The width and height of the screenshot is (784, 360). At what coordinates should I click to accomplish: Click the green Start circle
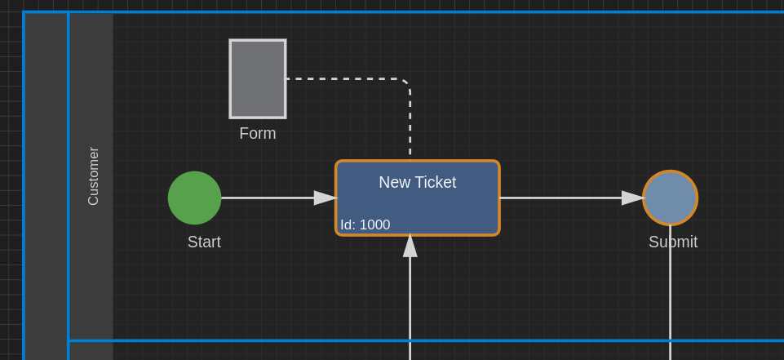pos(194,198)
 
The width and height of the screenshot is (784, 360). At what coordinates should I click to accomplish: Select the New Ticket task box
pos(418,198)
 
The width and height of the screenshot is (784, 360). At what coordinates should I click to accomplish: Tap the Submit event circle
pos(670,198)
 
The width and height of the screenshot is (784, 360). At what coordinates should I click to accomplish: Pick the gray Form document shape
pos(258,79)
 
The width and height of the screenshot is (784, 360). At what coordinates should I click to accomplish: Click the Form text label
pos(258,134)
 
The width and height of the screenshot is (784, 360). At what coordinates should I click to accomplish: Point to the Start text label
pos(204,242)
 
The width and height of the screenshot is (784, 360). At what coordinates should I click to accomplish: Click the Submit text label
pos(673,242)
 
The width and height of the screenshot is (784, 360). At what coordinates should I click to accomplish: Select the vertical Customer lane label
pos(94,176)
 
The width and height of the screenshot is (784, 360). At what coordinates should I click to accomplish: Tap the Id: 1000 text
pos(365,225)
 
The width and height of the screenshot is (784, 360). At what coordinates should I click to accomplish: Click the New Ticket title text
pos(418,183)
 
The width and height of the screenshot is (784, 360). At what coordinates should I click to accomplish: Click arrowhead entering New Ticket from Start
pos(326,198)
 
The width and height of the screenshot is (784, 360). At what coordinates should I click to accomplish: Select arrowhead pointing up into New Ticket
pos(410,246)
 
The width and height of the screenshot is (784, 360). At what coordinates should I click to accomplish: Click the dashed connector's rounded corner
pos(406,83)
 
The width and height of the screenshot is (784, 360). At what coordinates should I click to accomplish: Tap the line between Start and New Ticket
pos(268,198)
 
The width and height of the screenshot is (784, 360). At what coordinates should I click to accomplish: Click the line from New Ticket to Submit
pos(560,198)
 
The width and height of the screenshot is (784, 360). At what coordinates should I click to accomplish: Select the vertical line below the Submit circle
pos(670,292)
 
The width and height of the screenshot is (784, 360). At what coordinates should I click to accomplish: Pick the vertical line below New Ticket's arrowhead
pos(410,309)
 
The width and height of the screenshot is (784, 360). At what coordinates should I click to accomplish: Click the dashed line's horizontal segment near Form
pos(344,78)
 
